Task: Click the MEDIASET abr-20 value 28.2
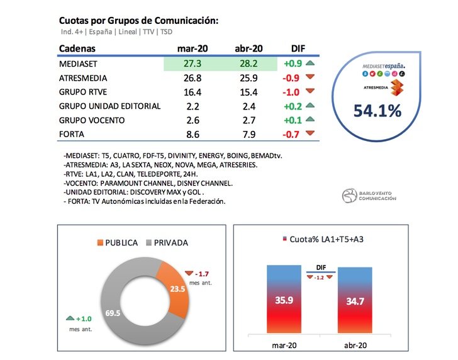click(247, 64)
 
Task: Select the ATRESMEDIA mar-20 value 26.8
click(191, 78)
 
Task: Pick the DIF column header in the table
click(298, 49)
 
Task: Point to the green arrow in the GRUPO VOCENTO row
click(310, 119)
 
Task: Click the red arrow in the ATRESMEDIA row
click(310, 78)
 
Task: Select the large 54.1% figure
click(377, 111)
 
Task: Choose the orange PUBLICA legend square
click(101, 242)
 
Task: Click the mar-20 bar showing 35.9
click(284, 300)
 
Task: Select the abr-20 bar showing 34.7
click(355, 300)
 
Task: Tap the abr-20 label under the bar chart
click(355, 345)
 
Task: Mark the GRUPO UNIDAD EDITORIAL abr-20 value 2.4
click(247, 106)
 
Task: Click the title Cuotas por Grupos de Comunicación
click(138, 21)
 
